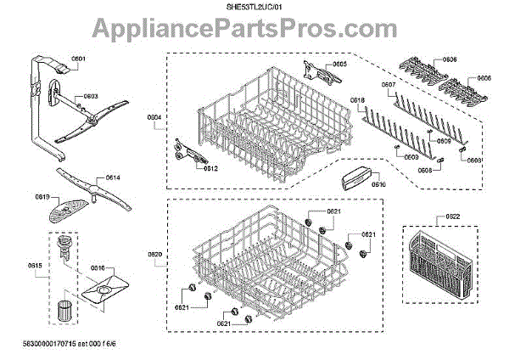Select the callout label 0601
point(79,59)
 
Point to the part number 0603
point(92,97)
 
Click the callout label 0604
point(154,116)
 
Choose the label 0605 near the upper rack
point(339,65)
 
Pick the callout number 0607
point(389,86)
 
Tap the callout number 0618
point(358,101)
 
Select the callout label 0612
point(211,168)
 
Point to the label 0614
point(114,178)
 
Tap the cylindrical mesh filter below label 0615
point(63,309)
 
